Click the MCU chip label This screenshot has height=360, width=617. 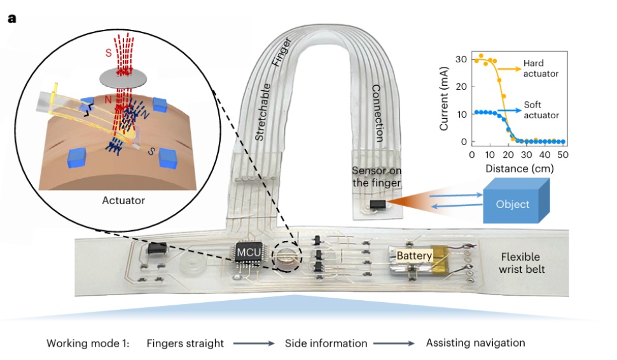[247, 251]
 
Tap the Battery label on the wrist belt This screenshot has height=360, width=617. [414, 256]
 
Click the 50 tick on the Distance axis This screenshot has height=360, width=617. [563, 155]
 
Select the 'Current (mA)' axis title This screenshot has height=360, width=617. [445, 100]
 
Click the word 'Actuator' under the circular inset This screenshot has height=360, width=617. [123, 200]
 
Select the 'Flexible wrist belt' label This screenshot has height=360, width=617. [520, 263]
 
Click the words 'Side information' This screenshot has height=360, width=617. [326, 343]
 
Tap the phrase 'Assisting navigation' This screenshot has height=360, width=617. [475, 343]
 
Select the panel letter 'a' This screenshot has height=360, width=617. [11, 18]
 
